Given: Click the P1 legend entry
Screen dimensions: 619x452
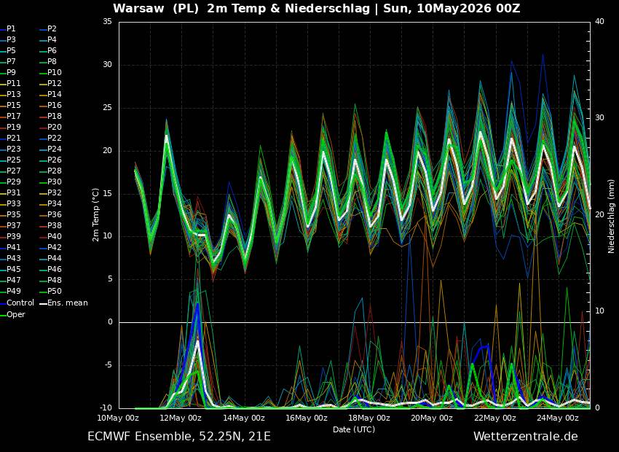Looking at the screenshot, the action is pyautogui.click(x=8, y=29).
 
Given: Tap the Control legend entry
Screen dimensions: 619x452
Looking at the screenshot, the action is pyautogui.click(x=17, y=303).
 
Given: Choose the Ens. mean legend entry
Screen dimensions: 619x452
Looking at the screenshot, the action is pyautogui.click(x=64, y=303).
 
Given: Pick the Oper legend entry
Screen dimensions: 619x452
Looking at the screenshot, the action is pyautogui.click(x=12, y=314).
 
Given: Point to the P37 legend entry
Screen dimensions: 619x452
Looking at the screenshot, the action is pyautogui.click(x=10, y=225).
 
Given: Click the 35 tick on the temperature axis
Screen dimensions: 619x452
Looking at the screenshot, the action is pyautogui.click(x=107, y=21).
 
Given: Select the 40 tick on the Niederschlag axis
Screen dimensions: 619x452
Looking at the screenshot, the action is pyautogui.click(x=599, y=21).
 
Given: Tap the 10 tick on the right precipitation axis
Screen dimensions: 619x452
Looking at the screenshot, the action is pyautogui.click(x=599, y=311).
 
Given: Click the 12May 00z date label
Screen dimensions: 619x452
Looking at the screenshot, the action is pyautogui.click(x=181, y=418).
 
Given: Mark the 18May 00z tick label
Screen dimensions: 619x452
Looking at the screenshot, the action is pyautogui.click(x=369, y=418).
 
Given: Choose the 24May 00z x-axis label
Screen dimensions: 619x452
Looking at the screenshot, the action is pyautogui.click(x=557, y=418).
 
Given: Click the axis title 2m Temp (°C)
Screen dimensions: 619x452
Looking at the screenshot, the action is pyautogui.click(x=96, y=215).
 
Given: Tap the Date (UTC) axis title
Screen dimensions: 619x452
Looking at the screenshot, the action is pyautogui.click(x=354, y=429).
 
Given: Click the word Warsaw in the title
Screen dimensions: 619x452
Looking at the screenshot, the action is pyautogui.click(x=138, y=9).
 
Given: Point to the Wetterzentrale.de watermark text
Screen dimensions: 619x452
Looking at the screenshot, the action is pyautogui.click(x=526, y=437).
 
